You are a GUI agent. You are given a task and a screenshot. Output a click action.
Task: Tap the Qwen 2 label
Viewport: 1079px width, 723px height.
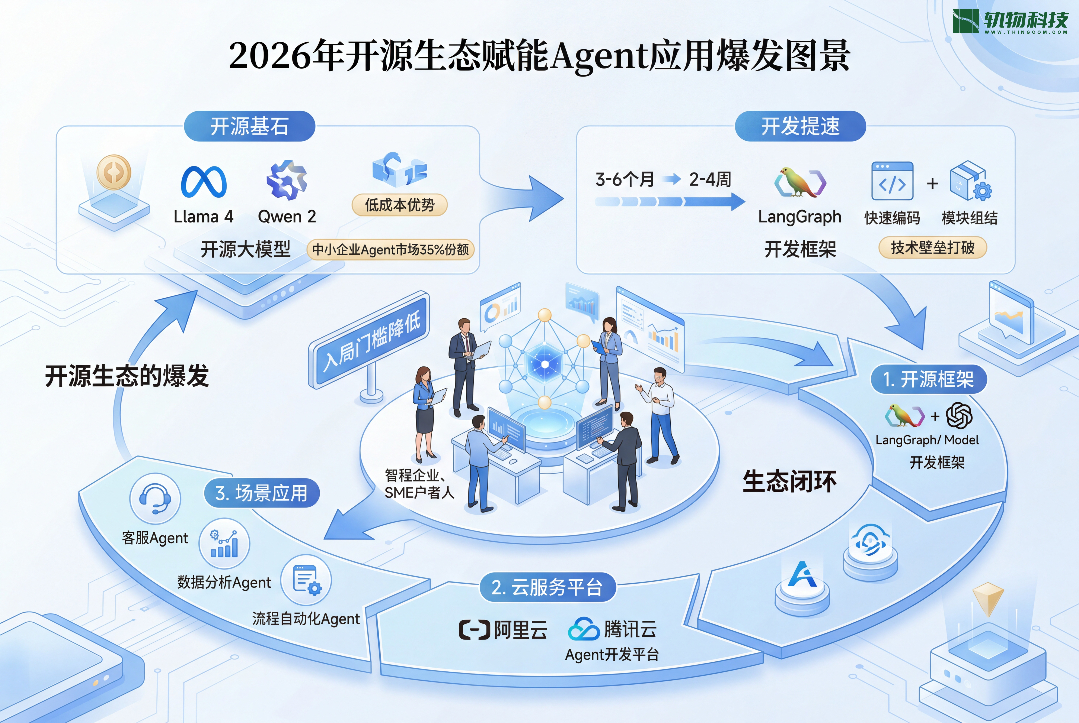tap(287, 216)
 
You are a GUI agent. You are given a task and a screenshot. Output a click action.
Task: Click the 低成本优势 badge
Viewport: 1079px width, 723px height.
tap(400, 205)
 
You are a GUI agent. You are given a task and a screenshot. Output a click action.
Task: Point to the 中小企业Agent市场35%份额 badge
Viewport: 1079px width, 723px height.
tap(390, 249)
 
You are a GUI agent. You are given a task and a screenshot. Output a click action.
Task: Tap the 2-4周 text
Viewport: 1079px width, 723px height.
tap(710, 179)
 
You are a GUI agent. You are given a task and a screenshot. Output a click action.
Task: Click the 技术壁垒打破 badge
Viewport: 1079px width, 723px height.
tap(932, 248)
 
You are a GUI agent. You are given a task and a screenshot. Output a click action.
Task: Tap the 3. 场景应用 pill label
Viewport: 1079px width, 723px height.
tap(262, 493)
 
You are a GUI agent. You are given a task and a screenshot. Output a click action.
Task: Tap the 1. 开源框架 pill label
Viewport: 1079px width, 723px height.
tap(929, 379)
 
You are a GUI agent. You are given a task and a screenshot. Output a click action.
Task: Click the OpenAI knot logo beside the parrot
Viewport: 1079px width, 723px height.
tap(959, 415)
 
